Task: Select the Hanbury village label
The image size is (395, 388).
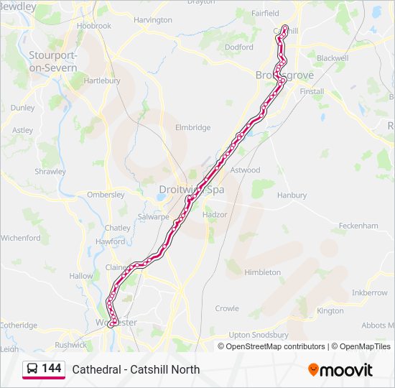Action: click(x=291, y=195)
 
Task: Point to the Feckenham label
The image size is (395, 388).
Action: click(x=358, y=225)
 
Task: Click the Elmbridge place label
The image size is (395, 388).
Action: click(x=193, y=128)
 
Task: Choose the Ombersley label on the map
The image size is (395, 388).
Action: click(x=106, y=195)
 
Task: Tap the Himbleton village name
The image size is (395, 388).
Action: click(x=263, y=272)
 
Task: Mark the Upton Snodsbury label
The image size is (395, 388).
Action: click(x=259, y=335)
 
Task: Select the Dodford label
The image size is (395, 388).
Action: click(x=239, y=47)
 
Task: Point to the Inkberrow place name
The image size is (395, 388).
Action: click(x=370, y=293)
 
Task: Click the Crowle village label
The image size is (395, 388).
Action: click(x=227, y=308)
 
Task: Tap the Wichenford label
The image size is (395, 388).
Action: click(x=22, y=237)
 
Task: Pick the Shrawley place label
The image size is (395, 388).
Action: click(x=50, y=172)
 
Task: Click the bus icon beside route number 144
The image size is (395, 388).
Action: click(x=32, y=369)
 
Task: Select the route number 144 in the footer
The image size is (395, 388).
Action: click(x=52, y=369)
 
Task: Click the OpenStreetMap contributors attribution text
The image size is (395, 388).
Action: click(x=275, y=346)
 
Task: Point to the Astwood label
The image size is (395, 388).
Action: click(x=246, y=170)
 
